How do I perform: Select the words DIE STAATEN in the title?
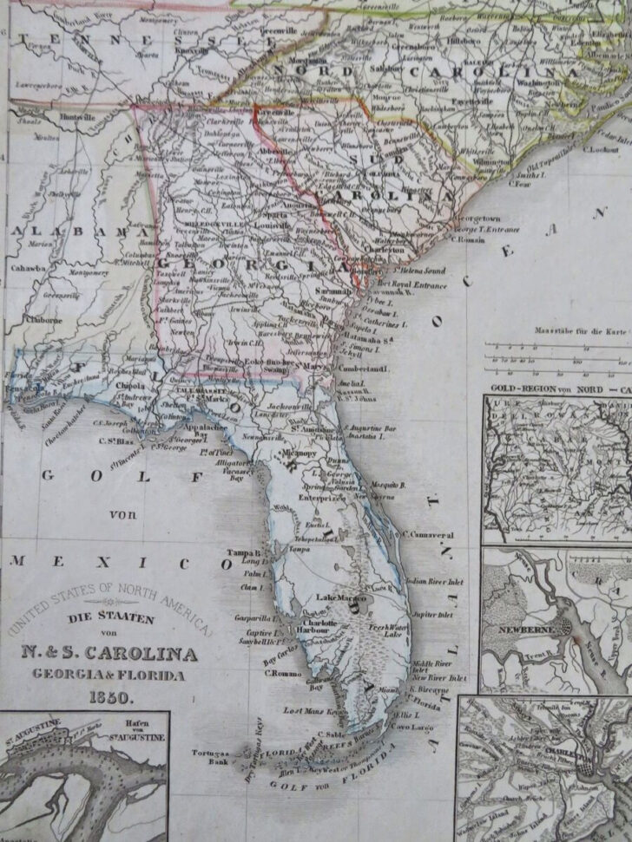pos(112,619)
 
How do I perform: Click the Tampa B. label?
pos(245,552)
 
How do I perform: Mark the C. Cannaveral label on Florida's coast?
pos(429,535)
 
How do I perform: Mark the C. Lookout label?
pos(600,148)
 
